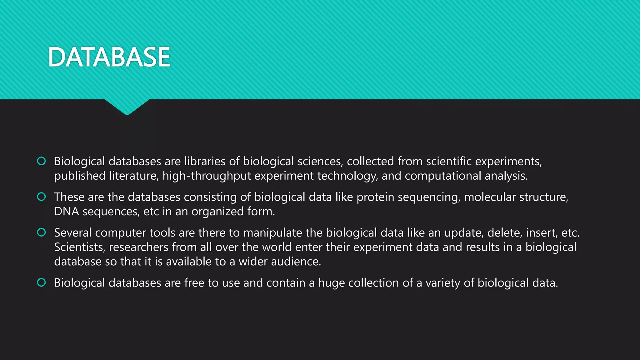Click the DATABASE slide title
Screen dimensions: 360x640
109,57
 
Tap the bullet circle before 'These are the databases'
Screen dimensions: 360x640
41,197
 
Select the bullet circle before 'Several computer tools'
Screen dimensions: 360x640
41,232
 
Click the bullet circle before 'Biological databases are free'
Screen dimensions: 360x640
41,282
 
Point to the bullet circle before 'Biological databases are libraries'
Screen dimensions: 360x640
41,161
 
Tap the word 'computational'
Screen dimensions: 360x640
443,176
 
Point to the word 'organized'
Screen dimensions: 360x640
217,212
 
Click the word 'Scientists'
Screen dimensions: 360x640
79,247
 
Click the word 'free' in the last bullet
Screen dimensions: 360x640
194,283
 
